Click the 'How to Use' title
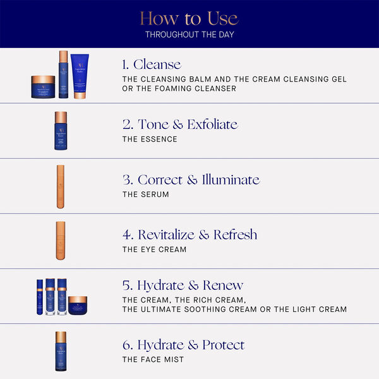click(189, 18)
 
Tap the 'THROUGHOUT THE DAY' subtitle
click(189, 34)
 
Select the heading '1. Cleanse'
click(152, 64)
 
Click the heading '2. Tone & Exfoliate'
click(180, 124)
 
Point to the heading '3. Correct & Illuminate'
click(191, 179)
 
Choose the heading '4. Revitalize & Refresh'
click(189, 234)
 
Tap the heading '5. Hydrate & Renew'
click(183, 285)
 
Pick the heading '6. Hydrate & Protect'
click(183, 345)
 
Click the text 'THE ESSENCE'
click(150, 140)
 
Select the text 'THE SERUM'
click(146, 195)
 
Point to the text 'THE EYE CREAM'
click(155, 250)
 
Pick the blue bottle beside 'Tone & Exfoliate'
click(61, 131)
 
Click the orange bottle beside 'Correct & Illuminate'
click(61, 186)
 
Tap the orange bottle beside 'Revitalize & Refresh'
click(61, 241)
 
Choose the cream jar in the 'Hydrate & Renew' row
click(78, 305)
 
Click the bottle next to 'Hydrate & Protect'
click(61, 351)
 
